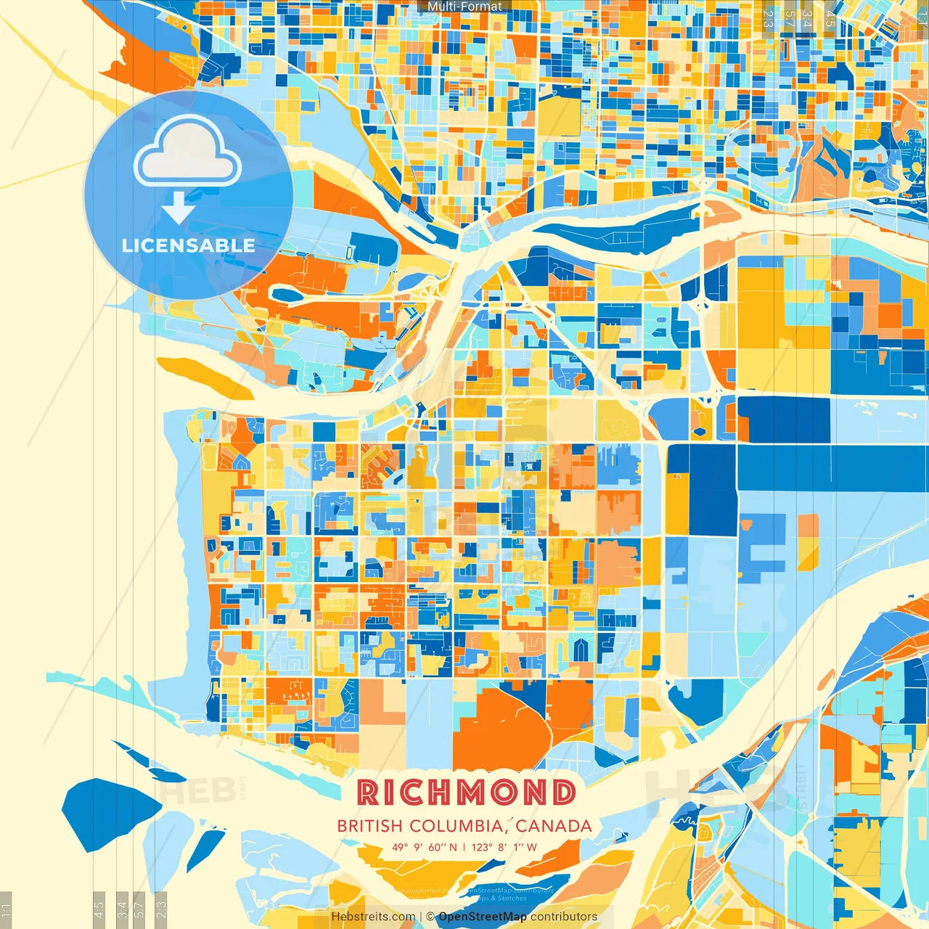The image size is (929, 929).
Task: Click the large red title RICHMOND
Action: coord(467,793)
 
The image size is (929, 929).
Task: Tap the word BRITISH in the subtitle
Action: coord(370,826)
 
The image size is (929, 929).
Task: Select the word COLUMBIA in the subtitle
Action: coord(455,826)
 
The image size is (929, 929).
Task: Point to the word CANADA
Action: coord(554,826)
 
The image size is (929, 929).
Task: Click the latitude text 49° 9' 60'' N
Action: coord(425,847)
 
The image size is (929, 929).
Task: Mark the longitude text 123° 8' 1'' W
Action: coord(504,847)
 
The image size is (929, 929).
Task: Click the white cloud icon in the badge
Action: coord(187,152)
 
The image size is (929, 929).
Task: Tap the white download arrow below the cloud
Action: coord(178,208)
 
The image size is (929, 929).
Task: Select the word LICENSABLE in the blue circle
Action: coord(188,245)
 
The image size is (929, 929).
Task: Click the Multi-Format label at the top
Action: coord(464,7)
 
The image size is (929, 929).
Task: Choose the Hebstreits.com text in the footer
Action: coord(373,917)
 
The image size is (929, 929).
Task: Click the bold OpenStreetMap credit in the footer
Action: coord(483,917)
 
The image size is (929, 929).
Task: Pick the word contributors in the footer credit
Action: coord(564,917)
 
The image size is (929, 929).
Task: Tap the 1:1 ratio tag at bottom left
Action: coord(7,909)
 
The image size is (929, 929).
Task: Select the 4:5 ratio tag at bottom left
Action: coord(99,908)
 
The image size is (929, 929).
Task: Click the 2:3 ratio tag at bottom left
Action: coord(161,908)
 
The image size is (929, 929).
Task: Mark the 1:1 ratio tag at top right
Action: coord(922,18)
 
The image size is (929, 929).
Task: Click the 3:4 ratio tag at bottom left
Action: coord(122,908)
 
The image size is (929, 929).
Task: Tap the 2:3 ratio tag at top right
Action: coord(768,18)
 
